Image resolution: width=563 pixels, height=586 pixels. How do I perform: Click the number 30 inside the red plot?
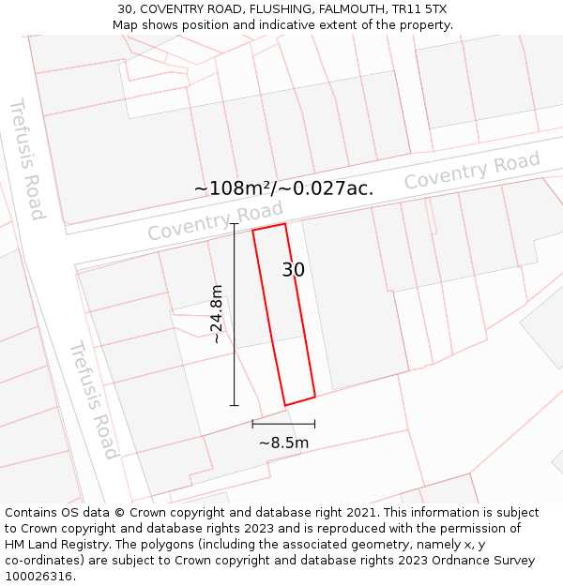pyautogui.click(x=293, y=270)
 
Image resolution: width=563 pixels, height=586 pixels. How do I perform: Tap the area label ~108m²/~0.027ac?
pyautogui.click(x=283, y=188)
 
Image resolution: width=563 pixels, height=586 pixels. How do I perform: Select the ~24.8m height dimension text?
pyautogui.click(x=217, y=314)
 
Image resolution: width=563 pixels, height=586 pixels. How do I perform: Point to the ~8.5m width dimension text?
pyautogui.click(x=283, y=443)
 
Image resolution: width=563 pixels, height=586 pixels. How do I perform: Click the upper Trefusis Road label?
pyautogui.click(x=26, y=158)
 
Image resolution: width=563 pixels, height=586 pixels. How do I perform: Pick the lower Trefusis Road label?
pyautogui.click(x=94, y=398)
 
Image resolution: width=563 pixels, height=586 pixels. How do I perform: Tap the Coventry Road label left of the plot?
pyautogui.click(x=215, y=221)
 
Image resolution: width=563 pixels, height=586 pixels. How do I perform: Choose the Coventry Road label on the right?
pyautogui.click(x=472, y=172)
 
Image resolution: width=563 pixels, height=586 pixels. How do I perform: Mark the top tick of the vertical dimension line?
pyautogui.click(x=234, y=224)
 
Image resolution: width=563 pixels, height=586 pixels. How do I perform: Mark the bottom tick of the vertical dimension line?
pyautogui.click(x=234, y=405)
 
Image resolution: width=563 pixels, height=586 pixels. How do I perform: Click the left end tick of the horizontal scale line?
pyautogui.click(x=252, y=424)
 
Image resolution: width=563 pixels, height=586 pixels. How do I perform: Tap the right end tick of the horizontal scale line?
pyautogui.click(x=314, y=424)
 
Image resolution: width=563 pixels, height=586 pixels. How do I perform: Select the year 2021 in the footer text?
pyautogui.click(x=359, y=513)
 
